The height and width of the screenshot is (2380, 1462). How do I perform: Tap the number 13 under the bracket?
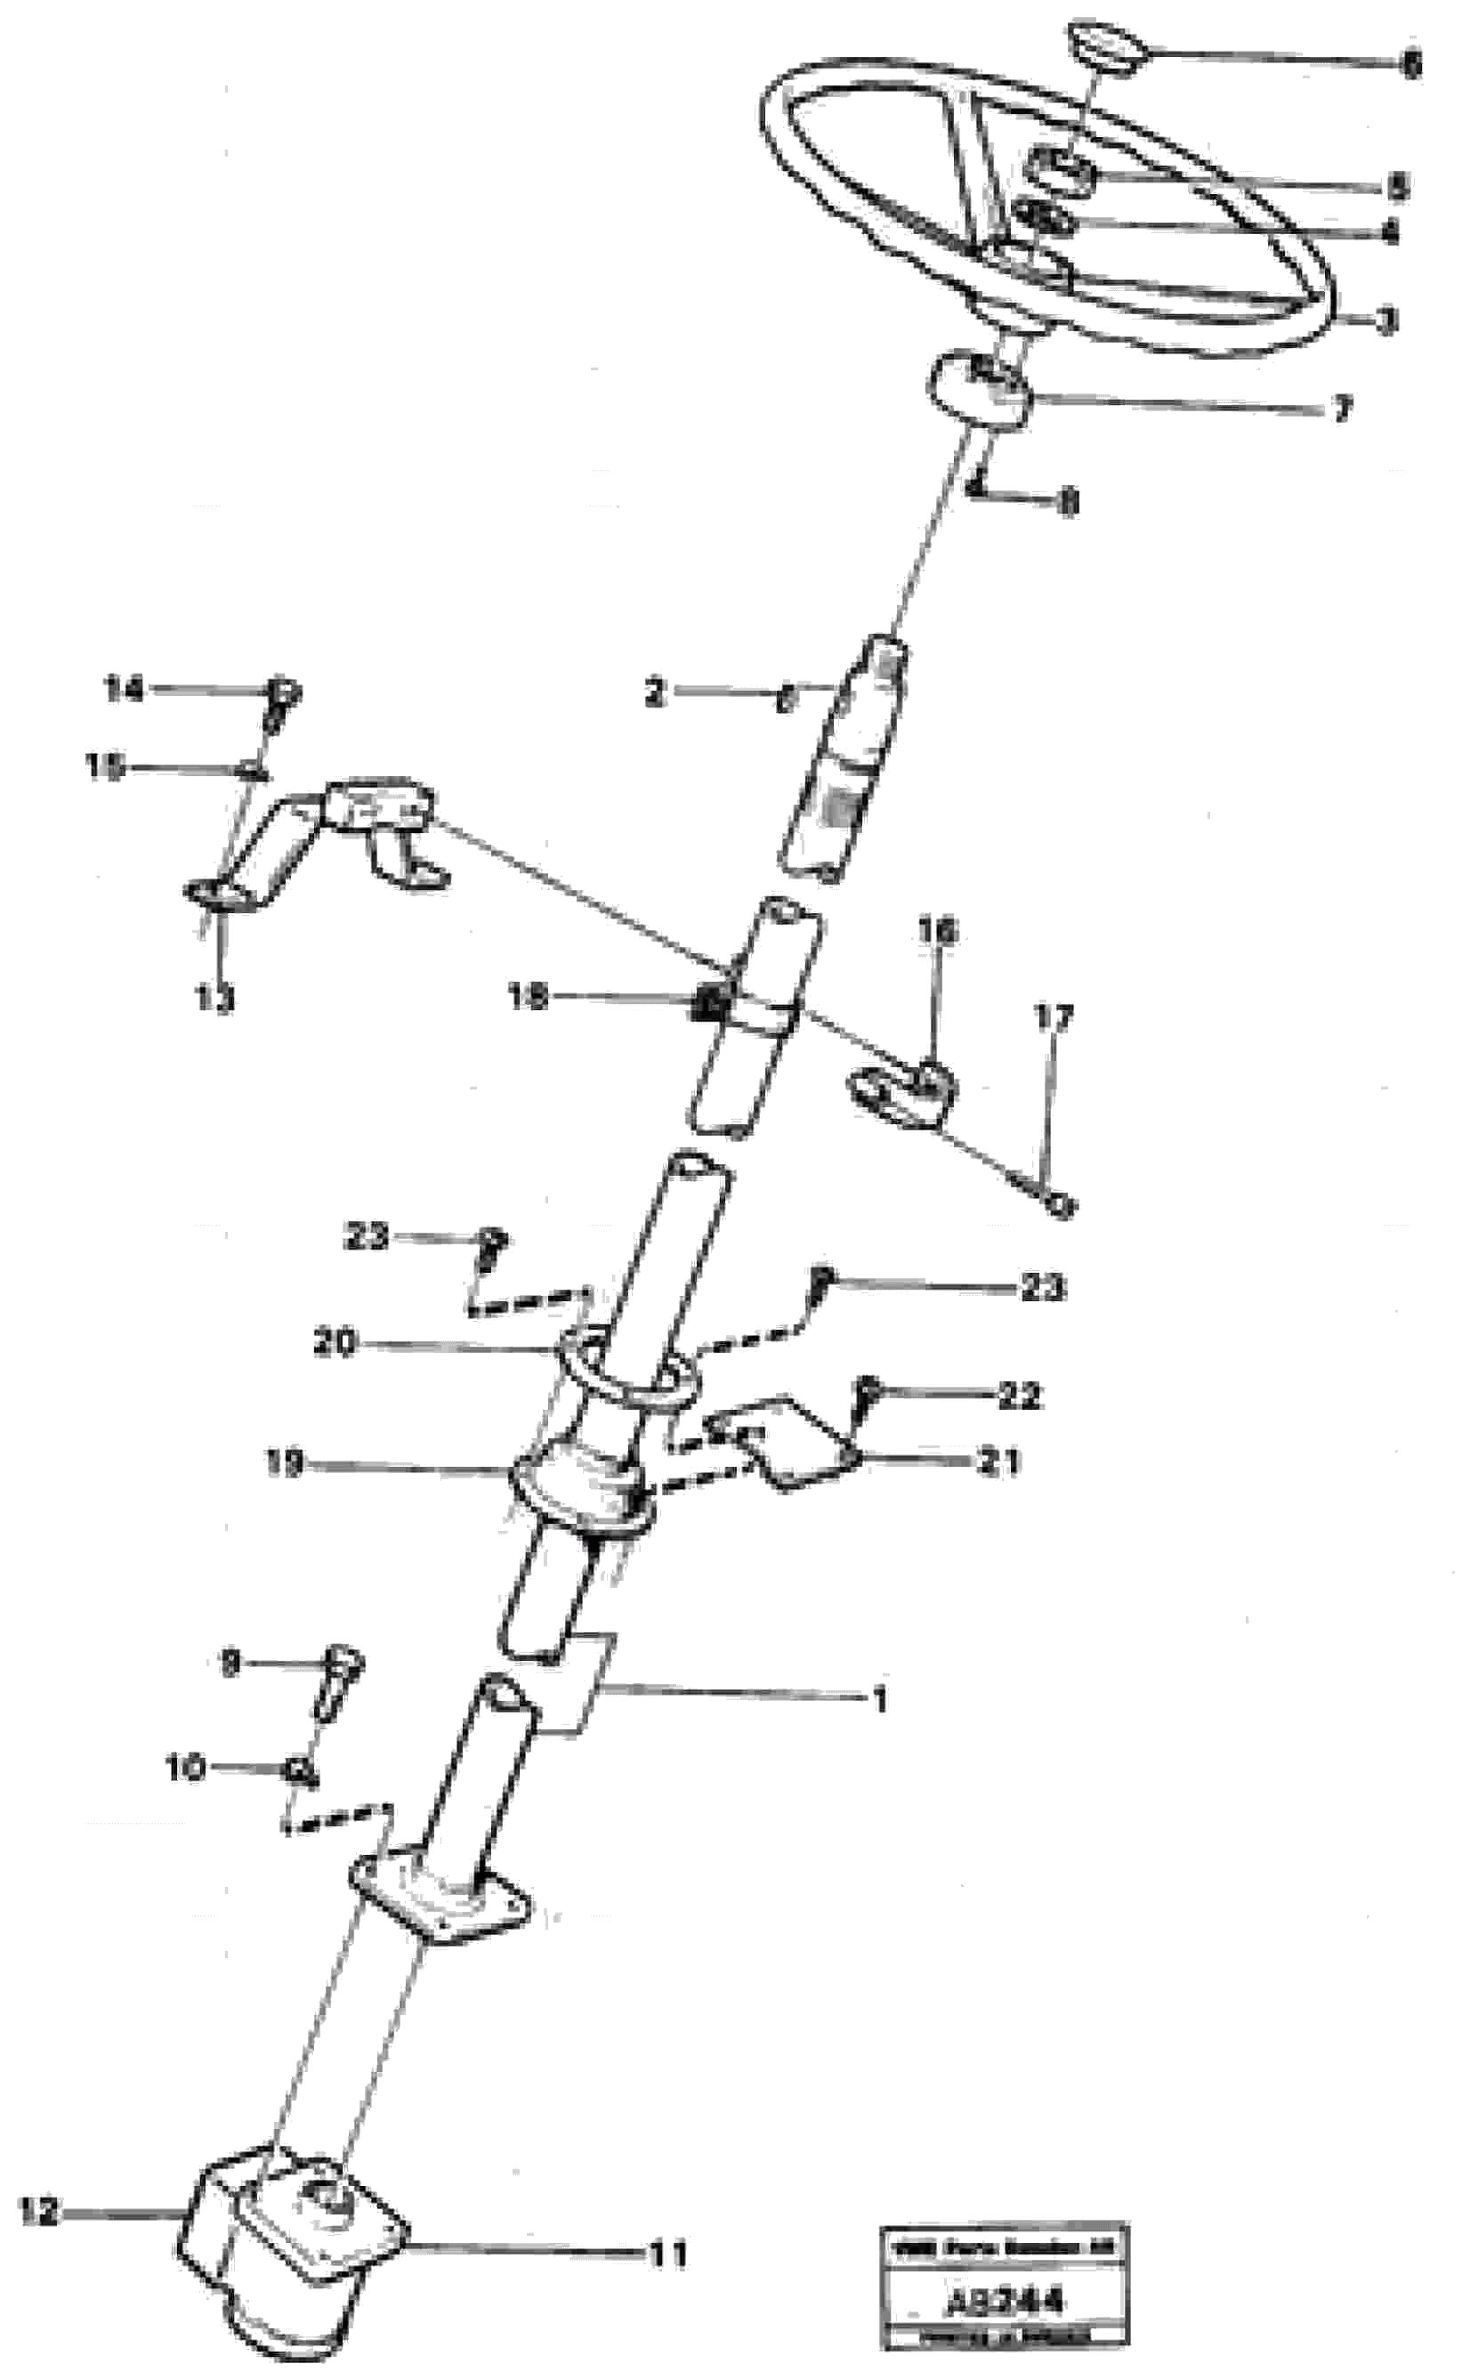pos(214,999)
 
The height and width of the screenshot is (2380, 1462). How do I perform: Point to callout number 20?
pos(335,1342)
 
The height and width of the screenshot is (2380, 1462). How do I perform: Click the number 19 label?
pos(286,1464)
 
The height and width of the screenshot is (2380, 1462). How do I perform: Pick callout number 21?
pos(1000,1461)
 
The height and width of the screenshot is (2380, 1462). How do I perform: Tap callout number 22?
pos(1019,1396)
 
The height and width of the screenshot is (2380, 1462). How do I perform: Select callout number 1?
pos(879,1699)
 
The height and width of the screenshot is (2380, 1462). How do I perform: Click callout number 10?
pos(185,1769)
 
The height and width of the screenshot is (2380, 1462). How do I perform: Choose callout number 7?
pos(1340,410)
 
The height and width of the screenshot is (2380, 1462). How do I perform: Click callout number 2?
pos(656,692)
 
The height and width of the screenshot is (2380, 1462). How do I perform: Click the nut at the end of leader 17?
pos(1061,1205)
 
